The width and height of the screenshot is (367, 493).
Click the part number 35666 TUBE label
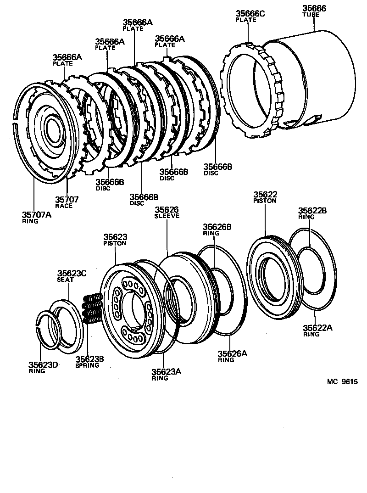314,11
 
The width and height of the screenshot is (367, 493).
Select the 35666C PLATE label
250,16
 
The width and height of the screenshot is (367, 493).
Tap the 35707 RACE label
67,202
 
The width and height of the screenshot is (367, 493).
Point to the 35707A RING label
37,217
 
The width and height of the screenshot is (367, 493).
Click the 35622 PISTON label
265,197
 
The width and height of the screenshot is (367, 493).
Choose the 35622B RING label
312,213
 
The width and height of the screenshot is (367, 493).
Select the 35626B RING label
217,230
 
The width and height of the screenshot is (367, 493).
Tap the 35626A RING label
232,356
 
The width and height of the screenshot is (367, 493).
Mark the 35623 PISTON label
115,240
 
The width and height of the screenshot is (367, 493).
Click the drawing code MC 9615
342,382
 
